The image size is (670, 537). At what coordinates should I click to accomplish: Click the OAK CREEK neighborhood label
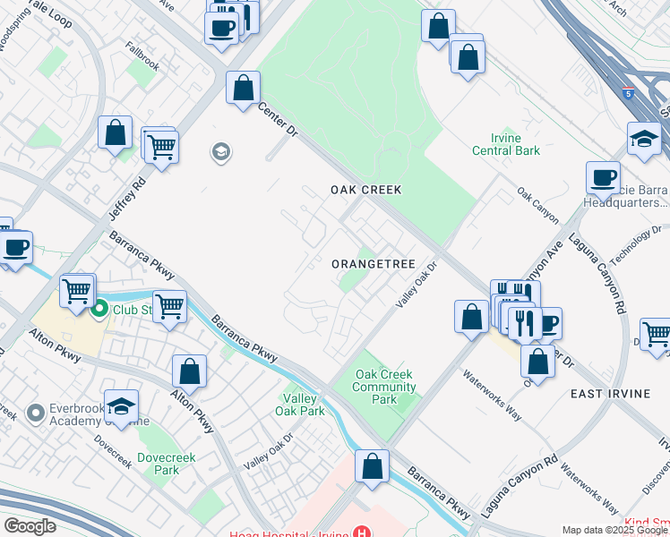[365, 190]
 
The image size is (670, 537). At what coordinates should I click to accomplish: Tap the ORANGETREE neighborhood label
[373, 264]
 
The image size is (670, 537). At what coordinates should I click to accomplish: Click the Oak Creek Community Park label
[385, 387]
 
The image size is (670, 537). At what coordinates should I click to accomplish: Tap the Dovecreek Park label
[159, 463]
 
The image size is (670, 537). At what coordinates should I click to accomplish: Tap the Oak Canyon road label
[538, 205]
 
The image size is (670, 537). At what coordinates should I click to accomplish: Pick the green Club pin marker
[99, 310]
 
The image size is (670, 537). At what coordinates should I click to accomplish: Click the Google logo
[30, 526]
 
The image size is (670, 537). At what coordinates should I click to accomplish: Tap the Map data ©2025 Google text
[614, 530]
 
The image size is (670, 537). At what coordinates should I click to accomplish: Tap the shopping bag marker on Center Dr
[243, 89]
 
